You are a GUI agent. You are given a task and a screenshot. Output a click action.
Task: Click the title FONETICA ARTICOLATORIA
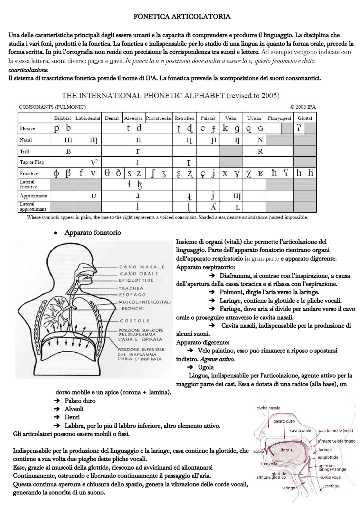click(x=182, y=17)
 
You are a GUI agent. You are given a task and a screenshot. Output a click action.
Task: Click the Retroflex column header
click(x=184, y=118)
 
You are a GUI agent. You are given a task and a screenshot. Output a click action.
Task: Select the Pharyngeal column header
click(x=280, y=118)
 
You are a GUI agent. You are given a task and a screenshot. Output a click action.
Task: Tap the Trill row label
click(x=24, y=151)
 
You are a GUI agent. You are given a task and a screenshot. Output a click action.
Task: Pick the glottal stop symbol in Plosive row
click(x=299, y=128)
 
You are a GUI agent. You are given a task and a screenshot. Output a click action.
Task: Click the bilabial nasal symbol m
click(x=68, y=140)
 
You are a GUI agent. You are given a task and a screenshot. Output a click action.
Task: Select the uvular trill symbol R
click(x=260, y=151)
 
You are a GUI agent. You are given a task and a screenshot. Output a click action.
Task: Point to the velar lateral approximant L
click(x=238, y=208)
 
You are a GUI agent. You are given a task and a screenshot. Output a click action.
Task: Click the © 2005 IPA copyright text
click(x=303, y=107)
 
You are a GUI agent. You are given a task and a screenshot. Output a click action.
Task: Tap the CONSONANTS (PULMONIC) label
click(x=52, y=107)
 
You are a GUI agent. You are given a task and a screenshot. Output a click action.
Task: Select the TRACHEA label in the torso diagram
click(x=131, y=288)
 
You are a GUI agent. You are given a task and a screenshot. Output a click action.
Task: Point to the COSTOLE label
click(x=135, y=321)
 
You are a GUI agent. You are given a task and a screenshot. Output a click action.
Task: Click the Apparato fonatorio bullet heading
click(x=93, y=233)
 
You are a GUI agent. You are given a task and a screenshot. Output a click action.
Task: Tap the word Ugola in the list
click(x=206, y=367)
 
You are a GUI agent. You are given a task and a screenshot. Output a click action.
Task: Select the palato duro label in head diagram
click(x=284, y=421)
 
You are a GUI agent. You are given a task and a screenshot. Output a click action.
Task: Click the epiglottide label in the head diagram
click(x=328, y=458)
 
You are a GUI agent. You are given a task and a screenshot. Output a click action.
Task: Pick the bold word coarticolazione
click(x=28, y=70)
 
